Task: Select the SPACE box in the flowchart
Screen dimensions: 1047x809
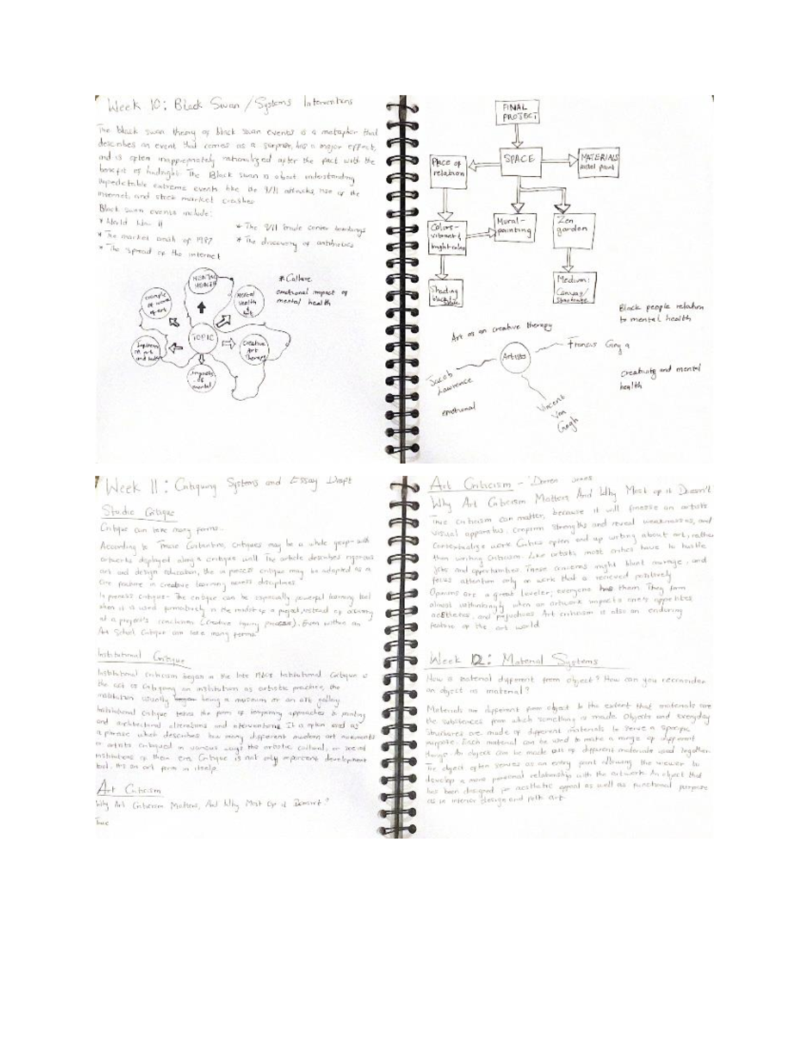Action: coord(518,159)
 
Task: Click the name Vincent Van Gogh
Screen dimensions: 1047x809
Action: coord(554,421)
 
